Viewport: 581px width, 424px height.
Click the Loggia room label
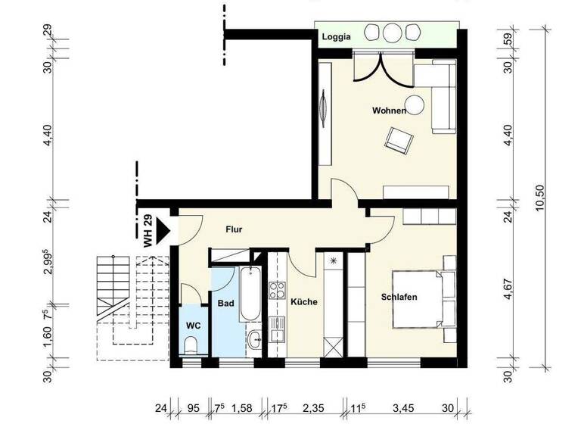click(336, 38)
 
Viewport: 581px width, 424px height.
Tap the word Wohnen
click(389, 111)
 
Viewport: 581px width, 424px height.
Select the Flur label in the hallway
click(234, 229)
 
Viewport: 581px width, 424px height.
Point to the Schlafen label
click(399, 297)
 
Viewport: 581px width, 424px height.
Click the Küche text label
click(304, 301)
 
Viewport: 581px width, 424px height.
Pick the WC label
click(192, 326)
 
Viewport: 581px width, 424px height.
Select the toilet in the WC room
click(190, 347)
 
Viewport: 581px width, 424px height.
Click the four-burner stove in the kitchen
click(277, 290)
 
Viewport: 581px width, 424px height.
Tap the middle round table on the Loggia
click(392, 33)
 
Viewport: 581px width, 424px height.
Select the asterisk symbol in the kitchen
click(333, 261)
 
